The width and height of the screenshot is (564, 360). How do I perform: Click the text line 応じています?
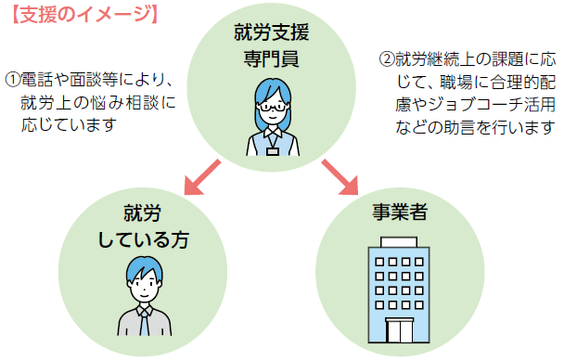point(68,123)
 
